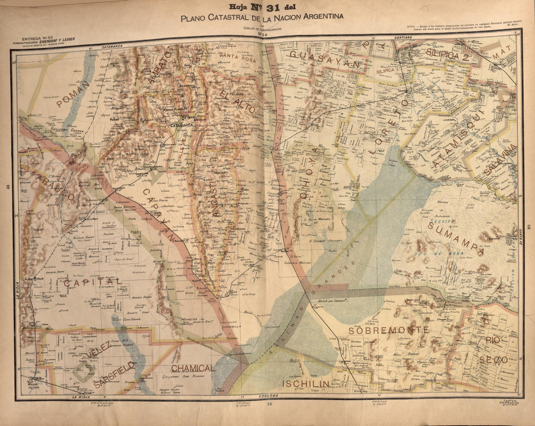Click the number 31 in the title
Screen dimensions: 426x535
coord(272,7)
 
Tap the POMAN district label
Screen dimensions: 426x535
coord(73,94)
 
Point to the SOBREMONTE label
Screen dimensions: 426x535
coord(389,330)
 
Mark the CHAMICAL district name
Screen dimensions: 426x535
coord(193,368)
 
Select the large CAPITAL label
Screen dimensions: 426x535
coord(92,282)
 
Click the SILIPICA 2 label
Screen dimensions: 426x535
coord(447,55)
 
